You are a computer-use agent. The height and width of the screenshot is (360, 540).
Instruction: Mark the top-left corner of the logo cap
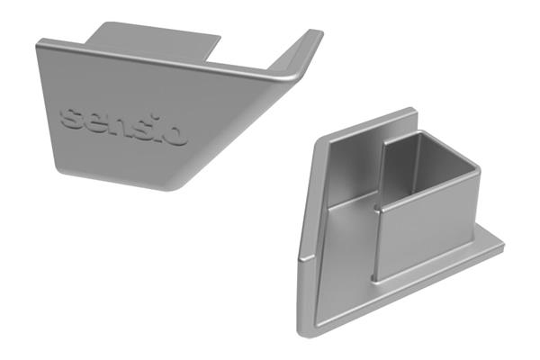41,41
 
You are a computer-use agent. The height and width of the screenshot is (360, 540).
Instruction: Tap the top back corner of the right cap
416,111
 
